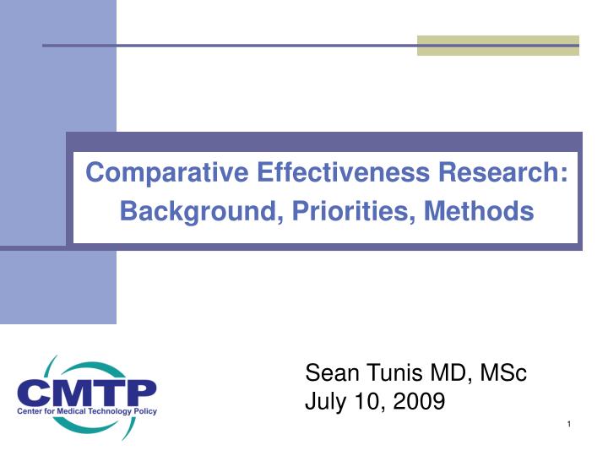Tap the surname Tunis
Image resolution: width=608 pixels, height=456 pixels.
(x=395, y=372)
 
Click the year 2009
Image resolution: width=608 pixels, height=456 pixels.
(x=418, y=402)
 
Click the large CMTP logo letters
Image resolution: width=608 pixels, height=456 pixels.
(x=86, y=392)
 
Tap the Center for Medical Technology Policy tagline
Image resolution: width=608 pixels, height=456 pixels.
(x=86, y=411)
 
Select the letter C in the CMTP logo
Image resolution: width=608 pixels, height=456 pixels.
(x=35, y=392)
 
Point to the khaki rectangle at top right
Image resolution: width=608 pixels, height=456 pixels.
(x=497, y=46)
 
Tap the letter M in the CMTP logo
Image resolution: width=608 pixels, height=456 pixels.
(x=72, y=392)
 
